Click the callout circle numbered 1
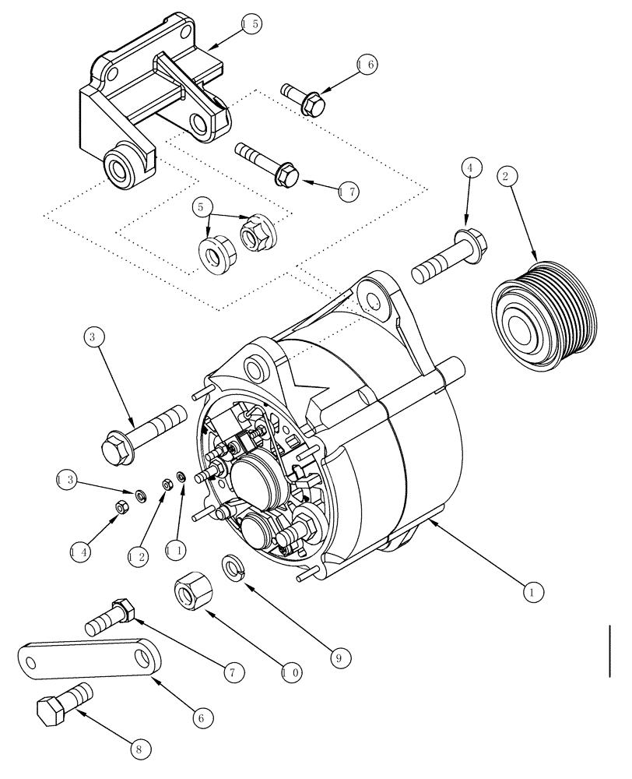[x=532, y=593]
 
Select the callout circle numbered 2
[x=506, y=178]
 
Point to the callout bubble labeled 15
[x=251, y=23]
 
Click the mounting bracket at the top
[x=156, y=101]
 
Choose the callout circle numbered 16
[x=367, y=65]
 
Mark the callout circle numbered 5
[x=202, y=209]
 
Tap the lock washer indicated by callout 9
[x=233, y=566]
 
